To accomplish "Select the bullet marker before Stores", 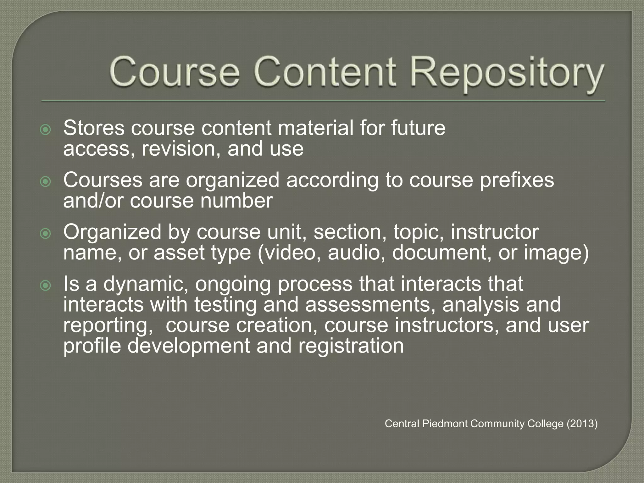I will (46, 130).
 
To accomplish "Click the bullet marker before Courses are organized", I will (46, 181).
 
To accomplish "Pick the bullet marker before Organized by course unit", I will (46, 233).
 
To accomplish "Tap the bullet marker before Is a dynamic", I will (46, 285).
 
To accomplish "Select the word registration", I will (351, 346).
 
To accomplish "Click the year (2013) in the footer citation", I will (582, 424).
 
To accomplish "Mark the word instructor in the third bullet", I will (495, 232).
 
